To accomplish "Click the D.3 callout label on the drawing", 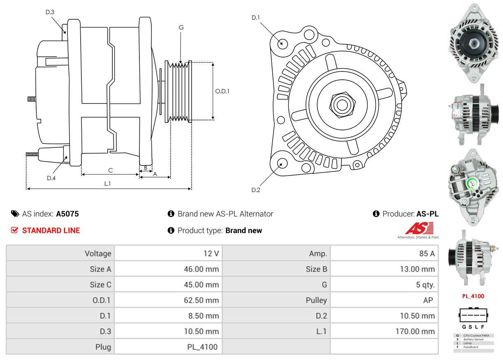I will click(50, 12).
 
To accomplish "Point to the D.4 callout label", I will click(51, 178).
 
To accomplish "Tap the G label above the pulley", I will click(181, 28).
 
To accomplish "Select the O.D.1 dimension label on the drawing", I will click(222, 91).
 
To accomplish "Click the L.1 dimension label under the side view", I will click(107, 184).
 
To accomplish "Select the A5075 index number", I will click(67, 214).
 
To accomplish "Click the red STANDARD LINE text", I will click(51, 231).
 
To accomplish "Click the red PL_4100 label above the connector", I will click(473, 296).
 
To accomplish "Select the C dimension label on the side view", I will click(110, 170).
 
